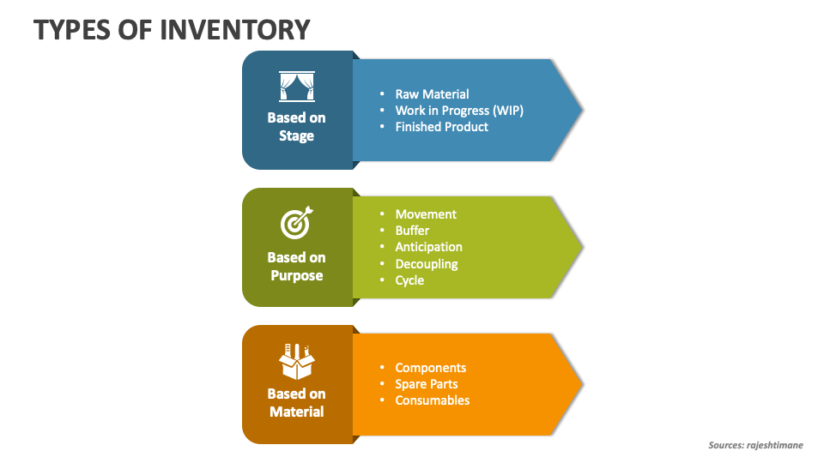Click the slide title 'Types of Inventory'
172,29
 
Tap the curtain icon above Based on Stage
296,87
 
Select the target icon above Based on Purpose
296,224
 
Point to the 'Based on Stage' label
296,127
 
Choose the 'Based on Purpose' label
296,266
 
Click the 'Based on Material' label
296,403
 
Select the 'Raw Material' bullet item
432,94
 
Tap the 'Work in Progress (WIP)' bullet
458,111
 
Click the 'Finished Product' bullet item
441,127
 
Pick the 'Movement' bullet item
426,214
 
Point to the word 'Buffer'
412,231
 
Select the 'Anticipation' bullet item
428,247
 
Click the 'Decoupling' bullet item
427,264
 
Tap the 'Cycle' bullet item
409,280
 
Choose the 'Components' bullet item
430,368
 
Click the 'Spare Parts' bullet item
426,384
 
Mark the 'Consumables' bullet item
432,400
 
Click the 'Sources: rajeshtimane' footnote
755,445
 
